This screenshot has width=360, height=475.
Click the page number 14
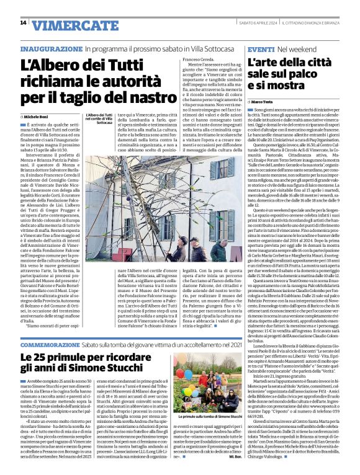(23, 23)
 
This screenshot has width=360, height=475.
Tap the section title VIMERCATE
(70, 25)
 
